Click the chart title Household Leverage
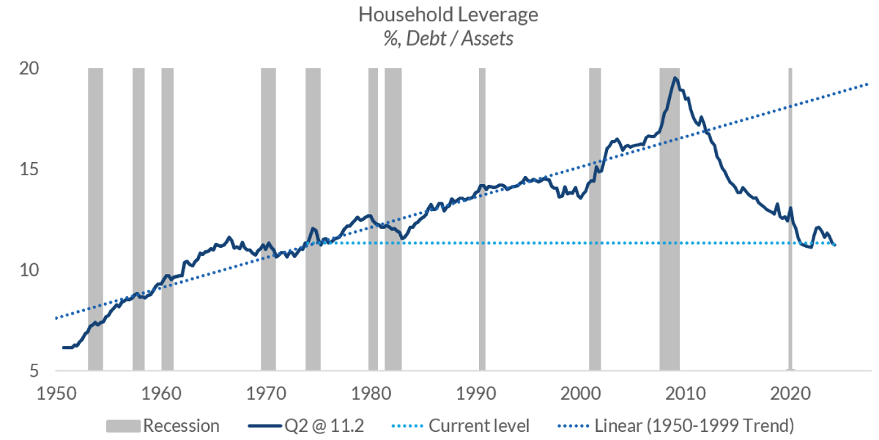coord(439,15)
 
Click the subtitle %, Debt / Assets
coord(439,39)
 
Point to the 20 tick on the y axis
coord(29,68)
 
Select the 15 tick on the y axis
coord(29,169)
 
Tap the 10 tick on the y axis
coord(29,271)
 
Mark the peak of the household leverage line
coord(675,78)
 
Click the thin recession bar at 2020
coord(790,220)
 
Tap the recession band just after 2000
coord(595,220)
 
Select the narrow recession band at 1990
coord(482,220)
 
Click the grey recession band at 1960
coord(167,220)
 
